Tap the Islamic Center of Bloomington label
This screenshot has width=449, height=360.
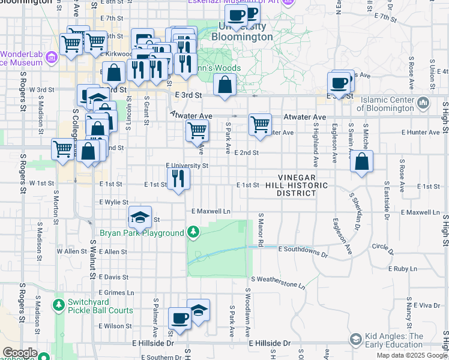tap(385, 104)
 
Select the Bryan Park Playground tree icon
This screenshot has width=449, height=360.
tap(193, 232)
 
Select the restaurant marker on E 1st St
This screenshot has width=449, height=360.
tap(178, 179)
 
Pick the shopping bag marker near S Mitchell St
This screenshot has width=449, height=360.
tap(361, 162)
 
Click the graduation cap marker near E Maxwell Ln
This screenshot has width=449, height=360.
tap(140, 217)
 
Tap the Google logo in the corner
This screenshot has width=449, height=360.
tap(19, 352)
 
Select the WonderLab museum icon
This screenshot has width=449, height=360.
tap(51, 58)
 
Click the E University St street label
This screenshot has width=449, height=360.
tap(187, 166)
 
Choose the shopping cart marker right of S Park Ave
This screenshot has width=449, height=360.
tap(260, 125)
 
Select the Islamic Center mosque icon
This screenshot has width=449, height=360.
tap(423, 103)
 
